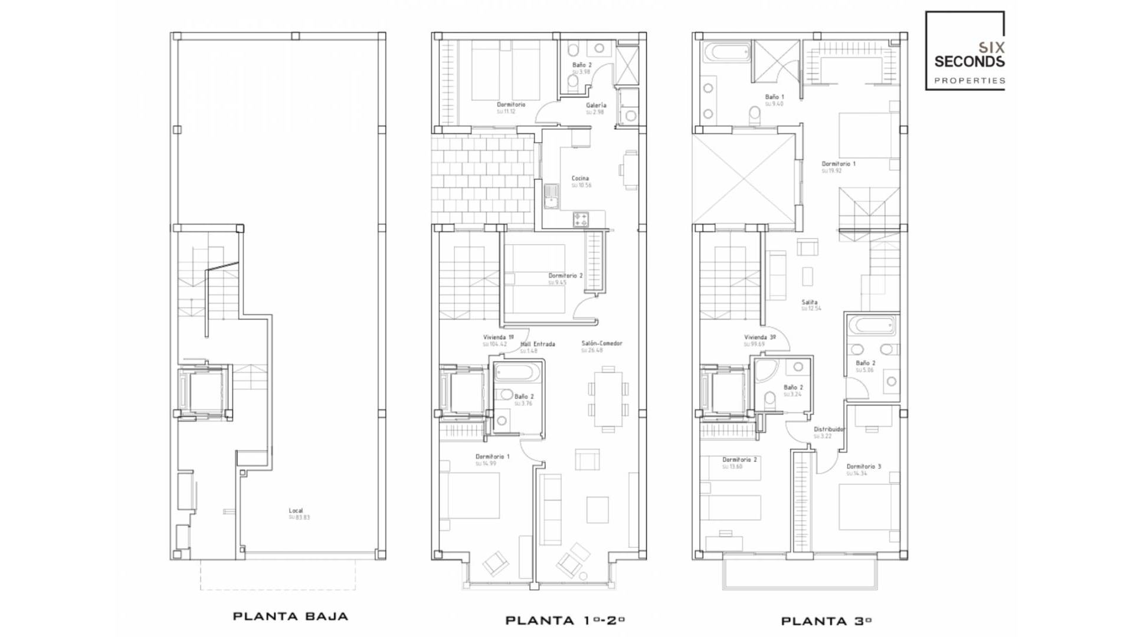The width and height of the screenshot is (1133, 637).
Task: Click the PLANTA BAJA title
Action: click(x=290, y=616)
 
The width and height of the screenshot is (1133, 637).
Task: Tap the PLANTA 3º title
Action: click(x=827, y=620)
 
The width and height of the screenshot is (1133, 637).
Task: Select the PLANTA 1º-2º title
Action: click(x=565, y=620)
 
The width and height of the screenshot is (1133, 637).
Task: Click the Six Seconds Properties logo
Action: click(x=965, y=51)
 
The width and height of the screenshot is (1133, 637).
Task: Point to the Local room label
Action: click(x=296, y=511)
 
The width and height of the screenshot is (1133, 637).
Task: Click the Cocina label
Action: click(x=580, y=178)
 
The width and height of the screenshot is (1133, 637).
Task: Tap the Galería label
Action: click(x=596, y=105)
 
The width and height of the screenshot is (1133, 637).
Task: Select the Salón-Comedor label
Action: click(x=601, y=343)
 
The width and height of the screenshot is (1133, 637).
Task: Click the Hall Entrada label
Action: click(x=538, y=344)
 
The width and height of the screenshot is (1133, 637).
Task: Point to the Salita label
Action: click(x=809, y=302)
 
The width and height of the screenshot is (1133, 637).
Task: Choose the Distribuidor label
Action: click(x=829, y=429)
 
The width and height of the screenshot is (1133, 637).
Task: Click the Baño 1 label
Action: click(x=774, y=97)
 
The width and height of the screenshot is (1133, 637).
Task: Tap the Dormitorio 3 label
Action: click(x=863, y=467)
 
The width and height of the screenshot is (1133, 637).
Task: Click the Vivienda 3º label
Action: click(x=759, y=337)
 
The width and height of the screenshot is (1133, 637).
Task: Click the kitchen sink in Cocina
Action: click(x=552, y=196)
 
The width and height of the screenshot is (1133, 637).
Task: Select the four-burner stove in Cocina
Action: click(x=581, y=220)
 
